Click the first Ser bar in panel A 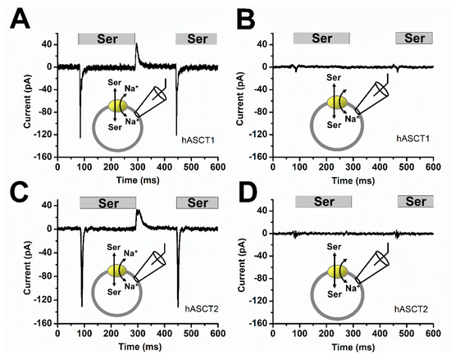click(107, 39)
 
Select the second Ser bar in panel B click(414, 38)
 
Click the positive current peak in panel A click(136, 45)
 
